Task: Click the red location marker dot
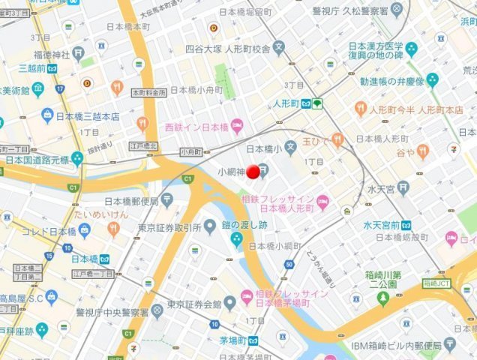253,172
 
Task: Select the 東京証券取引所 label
169,227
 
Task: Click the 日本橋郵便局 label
131,201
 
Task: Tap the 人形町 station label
286,103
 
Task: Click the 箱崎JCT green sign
439,283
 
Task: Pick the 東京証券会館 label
193,304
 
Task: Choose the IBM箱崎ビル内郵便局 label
396,346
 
